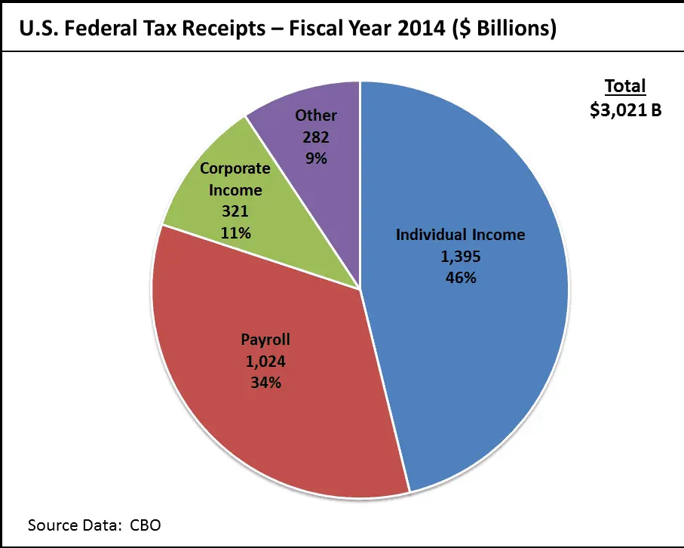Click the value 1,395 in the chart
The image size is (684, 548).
pyautogui.click(x=461, y=256)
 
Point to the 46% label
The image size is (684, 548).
pyautogui.click(x=461, y=277)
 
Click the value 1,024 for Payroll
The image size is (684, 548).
pyautogui.click(x=265, y=361)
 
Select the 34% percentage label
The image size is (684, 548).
pyautogui.click(x=265, y=382)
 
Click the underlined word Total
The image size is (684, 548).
pyautogui.click(x=625, y=86)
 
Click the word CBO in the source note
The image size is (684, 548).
pyautogui.click(x=145, y=524)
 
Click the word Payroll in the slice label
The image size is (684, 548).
pyautogui.click(x=265, y=339)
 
